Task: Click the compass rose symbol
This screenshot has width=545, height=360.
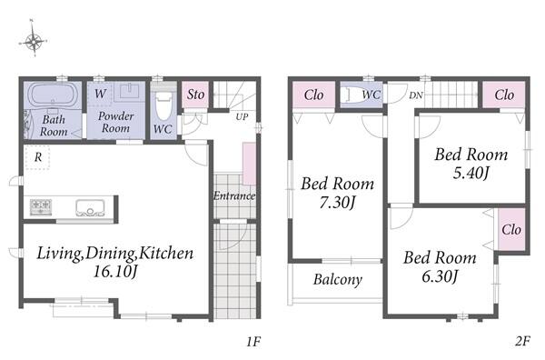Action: coord(33,42)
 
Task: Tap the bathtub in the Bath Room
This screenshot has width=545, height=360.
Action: coord(53,94)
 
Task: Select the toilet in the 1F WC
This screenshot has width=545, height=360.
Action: coord(163,106)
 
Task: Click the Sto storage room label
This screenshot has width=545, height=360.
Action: coord(195,95)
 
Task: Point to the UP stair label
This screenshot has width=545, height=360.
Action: coord(242,117)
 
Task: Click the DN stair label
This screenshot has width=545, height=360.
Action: coord(416,95)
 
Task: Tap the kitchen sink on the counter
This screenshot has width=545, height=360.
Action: coord(90,207)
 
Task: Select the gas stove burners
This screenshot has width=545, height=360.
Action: coord(41,206)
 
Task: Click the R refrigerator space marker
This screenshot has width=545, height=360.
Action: coord(38,157)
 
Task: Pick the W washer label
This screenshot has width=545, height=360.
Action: coord(101,94)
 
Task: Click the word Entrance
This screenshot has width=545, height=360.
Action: coord(234,195)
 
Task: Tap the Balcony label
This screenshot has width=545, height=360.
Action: coord(338,280)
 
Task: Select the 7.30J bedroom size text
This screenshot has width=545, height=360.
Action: coord(337,203)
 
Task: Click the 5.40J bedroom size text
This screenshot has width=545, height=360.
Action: coord(471,173)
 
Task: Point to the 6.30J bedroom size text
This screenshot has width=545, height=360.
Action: coord(440,276)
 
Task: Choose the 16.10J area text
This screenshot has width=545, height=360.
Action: coord(115,272)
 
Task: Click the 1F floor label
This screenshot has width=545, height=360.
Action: coord(253,342)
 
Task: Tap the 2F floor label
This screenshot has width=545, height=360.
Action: coord(522,341)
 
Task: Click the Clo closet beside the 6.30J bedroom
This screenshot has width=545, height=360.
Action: coord(511,230)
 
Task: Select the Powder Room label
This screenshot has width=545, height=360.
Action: coord(115,122)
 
